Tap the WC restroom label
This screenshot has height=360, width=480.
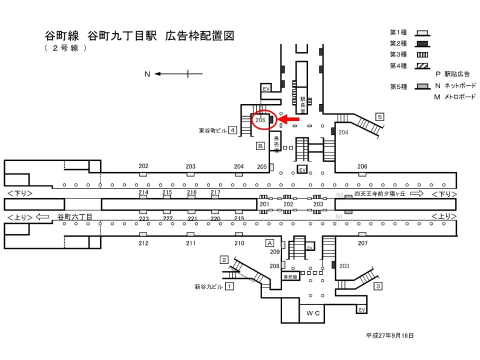[x=313, y=313]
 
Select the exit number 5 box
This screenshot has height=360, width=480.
[x=380, y=117]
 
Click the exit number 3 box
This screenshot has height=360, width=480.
[x=378, y=286]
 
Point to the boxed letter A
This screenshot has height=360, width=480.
[x=270, y=242]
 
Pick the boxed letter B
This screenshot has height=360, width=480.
[x=260, y=146]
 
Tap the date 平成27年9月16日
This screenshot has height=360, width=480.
[x=389, y=335]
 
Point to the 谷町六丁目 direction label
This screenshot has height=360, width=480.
[x=75, y=217]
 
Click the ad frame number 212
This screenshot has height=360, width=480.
[x=143, y=243]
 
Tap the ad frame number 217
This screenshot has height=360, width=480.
[x=215, y=192]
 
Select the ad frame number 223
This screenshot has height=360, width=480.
[x=143, y=218]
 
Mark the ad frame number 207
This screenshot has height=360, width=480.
[x=362, y=243]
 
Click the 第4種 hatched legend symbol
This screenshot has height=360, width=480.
[x=421, y=65]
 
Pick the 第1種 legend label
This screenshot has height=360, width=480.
[x=398, y=32]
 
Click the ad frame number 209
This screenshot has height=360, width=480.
[x=274, y=252]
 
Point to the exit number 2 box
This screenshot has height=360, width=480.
[x=224, y=259]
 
